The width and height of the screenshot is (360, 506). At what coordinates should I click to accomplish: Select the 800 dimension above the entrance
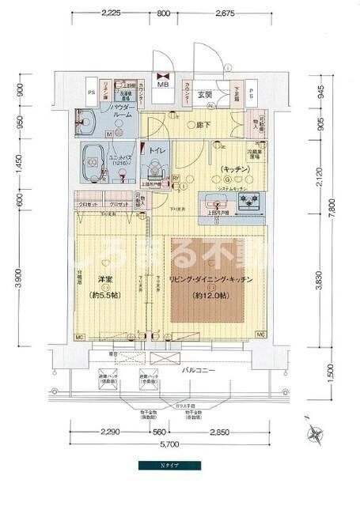(163, 13)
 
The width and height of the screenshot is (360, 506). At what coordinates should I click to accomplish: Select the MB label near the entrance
(163, 83)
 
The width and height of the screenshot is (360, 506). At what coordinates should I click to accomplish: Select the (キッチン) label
(237, 169)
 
